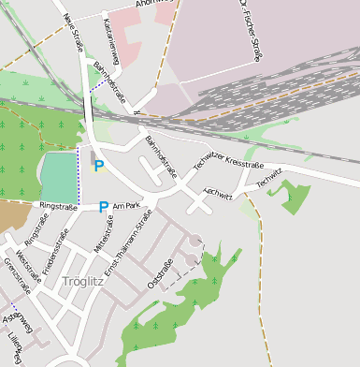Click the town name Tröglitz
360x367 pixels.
pyautogui.click(x=79, y=281)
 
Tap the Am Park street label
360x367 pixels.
pyautogui.click(x=125, y=205)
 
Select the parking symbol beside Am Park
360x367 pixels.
pyautogui.click(x=103, y=207)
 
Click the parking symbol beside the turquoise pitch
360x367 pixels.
pyautogui.click(x=99, y=166)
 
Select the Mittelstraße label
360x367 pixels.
pyautogui.click(x=103, y=234)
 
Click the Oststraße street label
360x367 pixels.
pyautogui.click(x=160, y=273)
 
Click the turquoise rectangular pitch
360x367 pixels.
pyautogui.click(x=59, y=176)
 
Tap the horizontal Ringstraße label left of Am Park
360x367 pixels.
pyautogui.click(x=58, y=205)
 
